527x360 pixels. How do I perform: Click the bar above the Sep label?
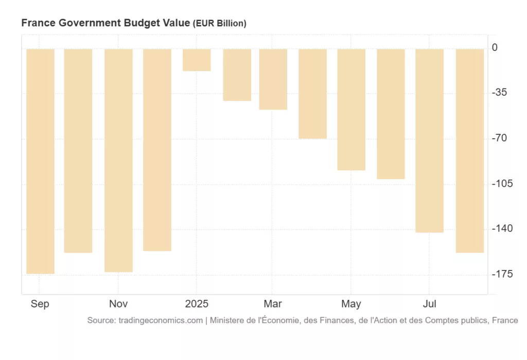pyautogui.click(x=40, y=161)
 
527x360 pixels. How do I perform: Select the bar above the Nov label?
pyautogui.click(x=118, y=160)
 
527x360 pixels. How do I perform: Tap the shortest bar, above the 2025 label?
pyautogui.click(x=197, y=60)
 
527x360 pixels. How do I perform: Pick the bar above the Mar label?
pyautogui.click(x=273, y=79)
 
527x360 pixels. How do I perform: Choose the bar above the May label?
pyautogui.click(x=352, y=110)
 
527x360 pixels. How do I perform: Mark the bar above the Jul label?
pyautogui.click(x=429, y=140)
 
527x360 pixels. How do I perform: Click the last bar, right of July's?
pyautogui.click(x=470, y=151)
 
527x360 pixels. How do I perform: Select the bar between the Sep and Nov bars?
pyautogui.click(x=78, y=151)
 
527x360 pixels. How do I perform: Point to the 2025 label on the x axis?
pyautogui.click(x=197, y=304)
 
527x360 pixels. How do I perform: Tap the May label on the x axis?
pyautogui.click(x=352, y=304)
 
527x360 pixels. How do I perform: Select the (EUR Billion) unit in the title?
pyautogui.click(x=219, y=24)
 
